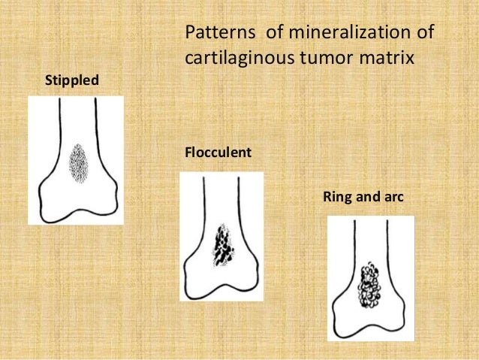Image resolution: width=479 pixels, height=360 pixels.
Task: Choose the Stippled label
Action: click(72, 79)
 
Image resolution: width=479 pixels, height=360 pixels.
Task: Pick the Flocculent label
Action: click(218, 153)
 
